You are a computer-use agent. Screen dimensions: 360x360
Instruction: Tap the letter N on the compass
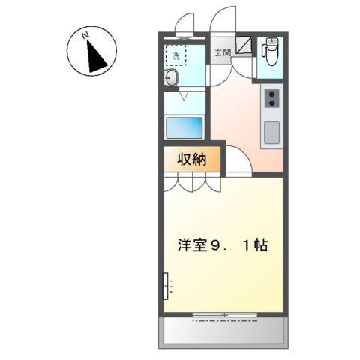click(86, 35)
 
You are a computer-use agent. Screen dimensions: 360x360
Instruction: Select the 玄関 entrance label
click(222, 52)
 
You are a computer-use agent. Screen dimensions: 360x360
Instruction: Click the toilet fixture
click(269, 55)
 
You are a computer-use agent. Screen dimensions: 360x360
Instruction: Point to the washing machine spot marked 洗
click(177, 56)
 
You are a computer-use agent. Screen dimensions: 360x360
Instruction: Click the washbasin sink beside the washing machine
click(172, 79)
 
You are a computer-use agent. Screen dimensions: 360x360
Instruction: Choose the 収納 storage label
click(192, 159)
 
